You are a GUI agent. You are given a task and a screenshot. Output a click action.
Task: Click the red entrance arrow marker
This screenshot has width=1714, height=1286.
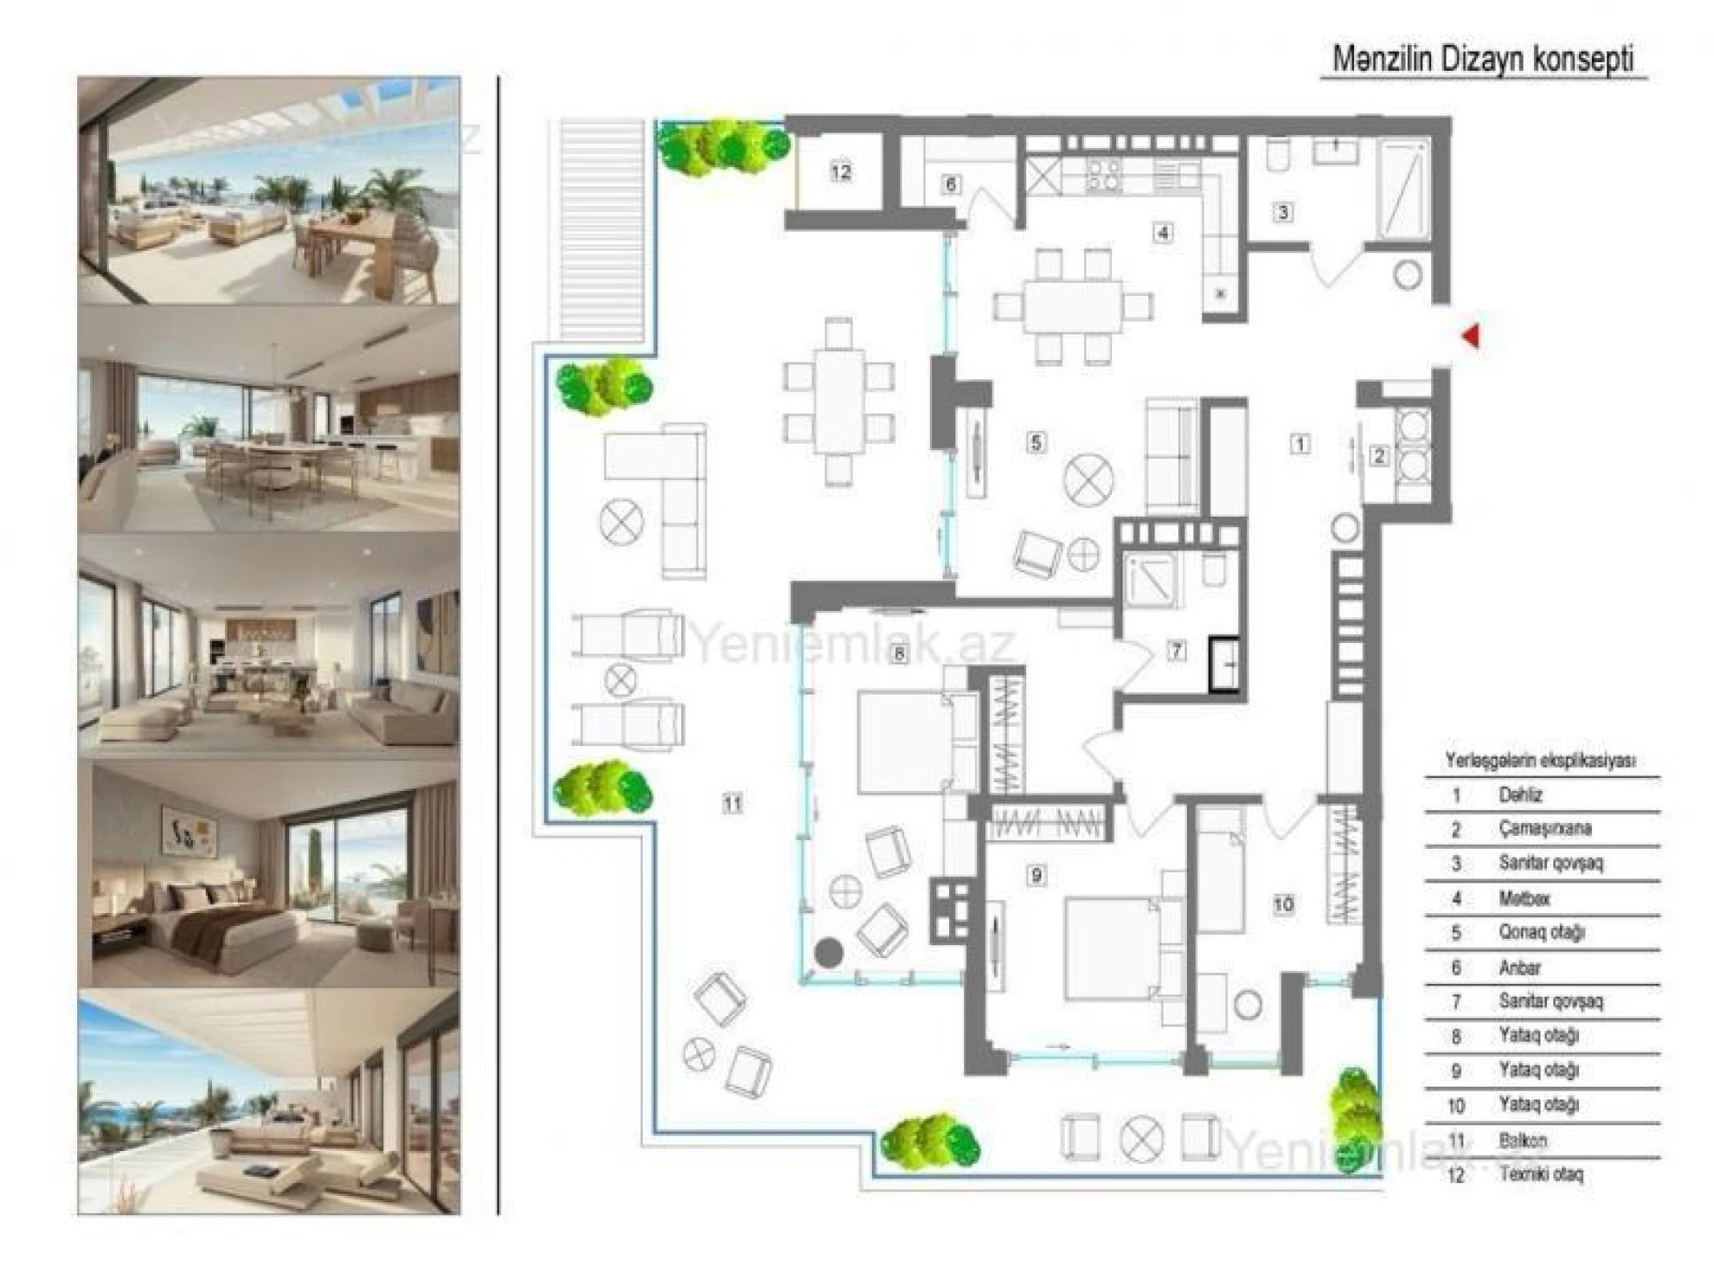click(1471, 335)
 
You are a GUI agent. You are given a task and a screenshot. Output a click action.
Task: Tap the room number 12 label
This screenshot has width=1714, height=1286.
click(841, 171)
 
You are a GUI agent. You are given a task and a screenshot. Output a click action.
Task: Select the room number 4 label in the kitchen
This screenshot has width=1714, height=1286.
click(1163, 233)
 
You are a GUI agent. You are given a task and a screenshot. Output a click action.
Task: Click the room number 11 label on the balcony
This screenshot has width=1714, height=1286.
click(732, 803)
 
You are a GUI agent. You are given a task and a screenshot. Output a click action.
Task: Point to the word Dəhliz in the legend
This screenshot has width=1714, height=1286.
click(1520, 795)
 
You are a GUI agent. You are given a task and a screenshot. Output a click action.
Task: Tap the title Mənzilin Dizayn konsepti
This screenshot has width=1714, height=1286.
click(1483, 59)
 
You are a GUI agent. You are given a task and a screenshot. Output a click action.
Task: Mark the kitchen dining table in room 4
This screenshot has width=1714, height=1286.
click(1072, 305)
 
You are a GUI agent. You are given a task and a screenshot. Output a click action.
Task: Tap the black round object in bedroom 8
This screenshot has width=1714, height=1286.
click(828, 953)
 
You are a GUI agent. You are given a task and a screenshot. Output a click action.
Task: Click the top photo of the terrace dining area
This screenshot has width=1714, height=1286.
click(269, 190)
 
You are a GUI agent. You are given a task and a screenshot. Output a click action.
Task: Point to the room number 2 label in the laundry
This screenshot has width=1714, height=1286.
click(1379, 456)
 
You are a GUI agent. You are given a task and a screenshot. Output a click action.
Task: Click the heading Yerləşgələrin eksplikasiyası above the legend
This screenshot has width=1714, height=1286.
click(1540, 760)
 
